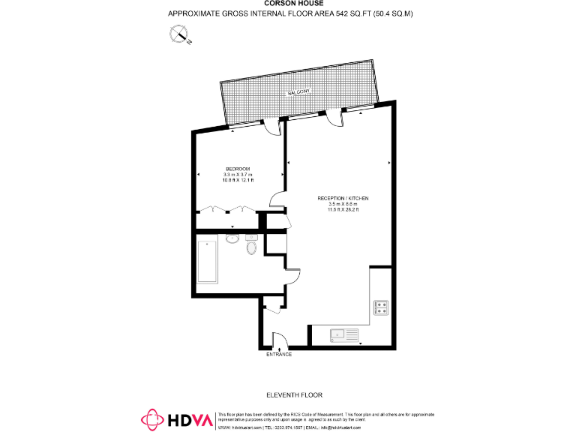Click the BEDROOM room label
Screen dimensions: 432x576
237,168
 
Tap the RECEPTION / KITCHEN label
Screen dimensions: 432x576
343,198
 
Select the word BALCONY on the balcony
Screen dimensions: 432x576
298,91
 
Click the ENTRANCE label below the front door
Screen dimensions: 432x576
279,354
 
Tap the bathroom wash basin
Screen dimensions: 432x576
232,239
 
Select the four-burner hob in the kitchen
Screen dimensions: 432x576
380,307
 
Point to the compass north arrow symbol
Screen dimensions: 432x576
180,33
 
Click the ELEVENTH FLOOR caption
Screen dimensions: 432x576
294,394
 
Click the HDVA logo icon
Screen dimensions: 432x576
154,420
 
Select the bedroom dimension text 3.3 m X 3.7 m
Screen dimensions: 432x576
237,175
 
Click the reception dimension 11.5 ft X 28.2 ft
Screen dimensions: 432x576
343,210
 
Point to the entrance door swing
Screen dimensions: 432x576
278,340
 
